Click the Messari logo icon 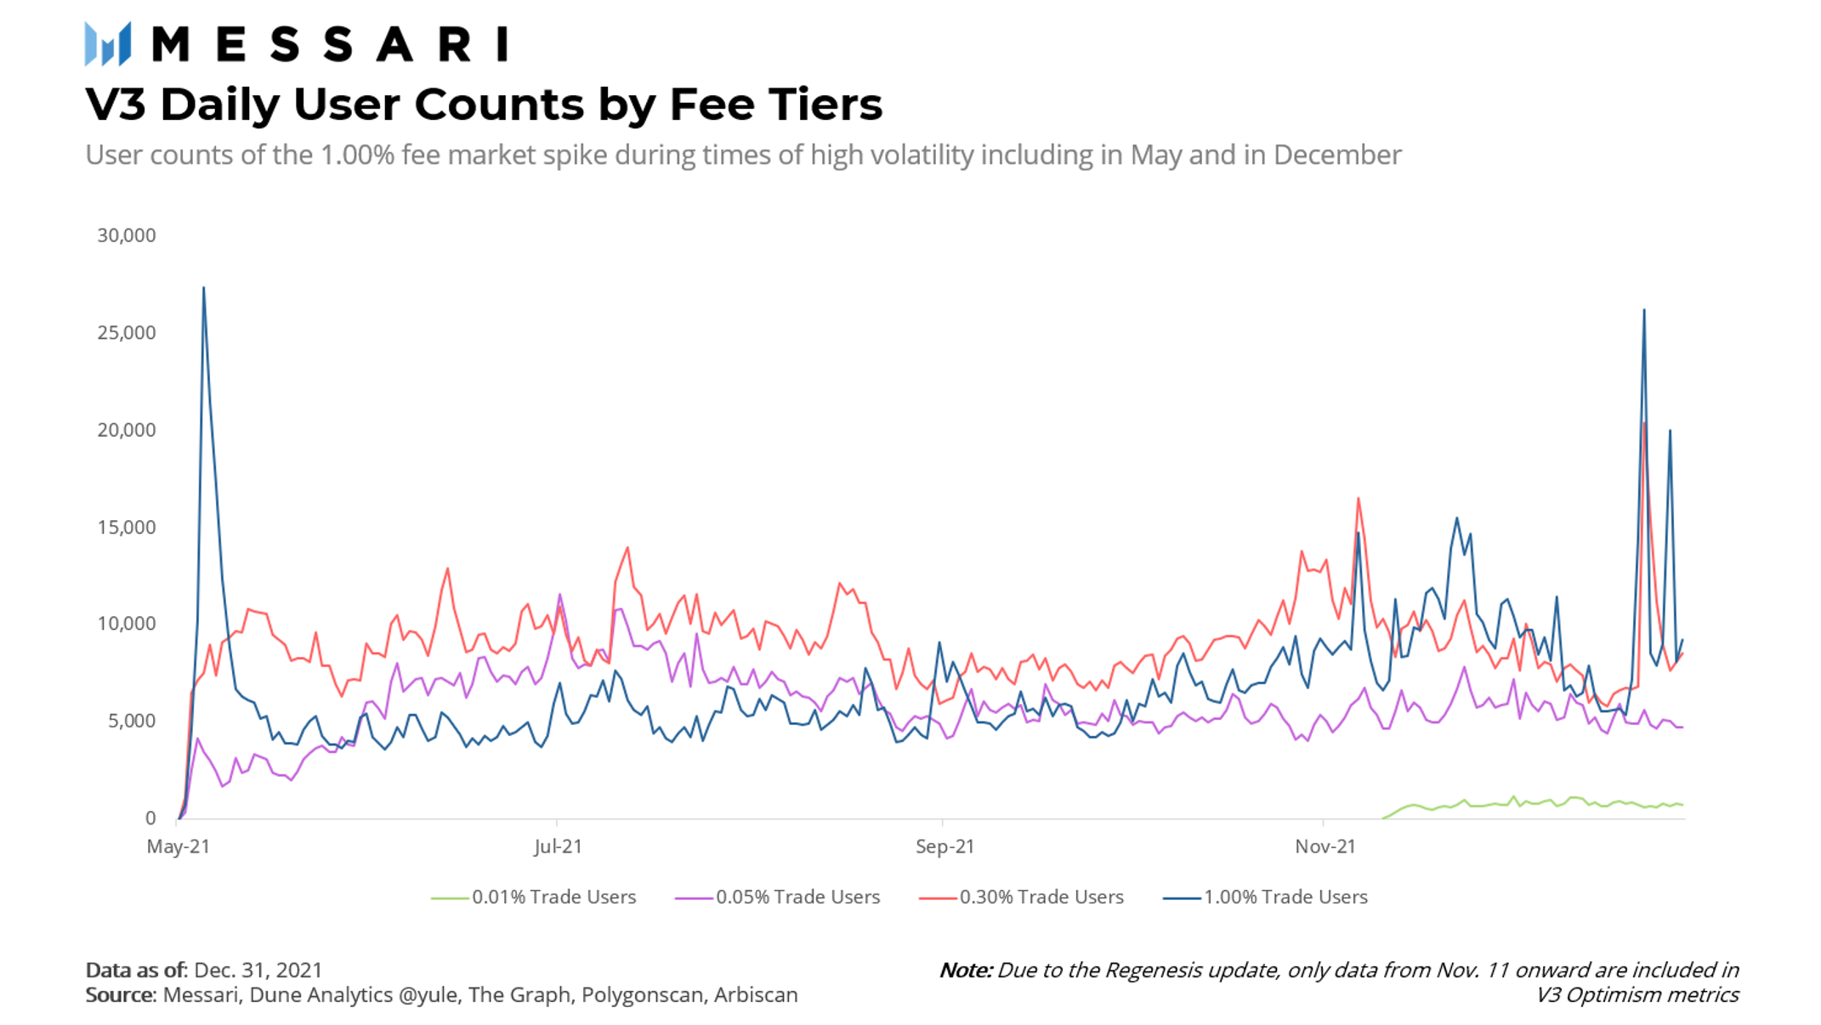tap(108, 43)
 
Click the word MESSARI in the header tap(330, 44)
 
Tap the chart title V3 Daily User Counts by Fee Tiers tap(484, 105)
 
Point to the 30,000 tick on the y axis tap(127, 235)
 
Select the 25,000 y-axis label tap(127, 332)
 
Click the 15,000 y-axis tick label tap(127, 527)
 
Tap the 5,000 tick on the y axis tap(132, 721)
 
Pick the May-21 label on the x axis tap(179, 847)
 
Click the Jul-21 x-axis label tap(558, 847)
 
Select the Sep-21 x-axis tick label tap(945, 847)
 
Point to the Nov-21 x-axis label tap(1325, 847)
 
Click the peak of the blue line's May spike tap(203, 288)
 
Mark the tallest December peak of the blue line tap(1644, 310)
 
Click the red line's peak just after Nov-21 tap(1359, 499)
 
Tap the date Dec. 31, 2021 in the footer tap(258, 970)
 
